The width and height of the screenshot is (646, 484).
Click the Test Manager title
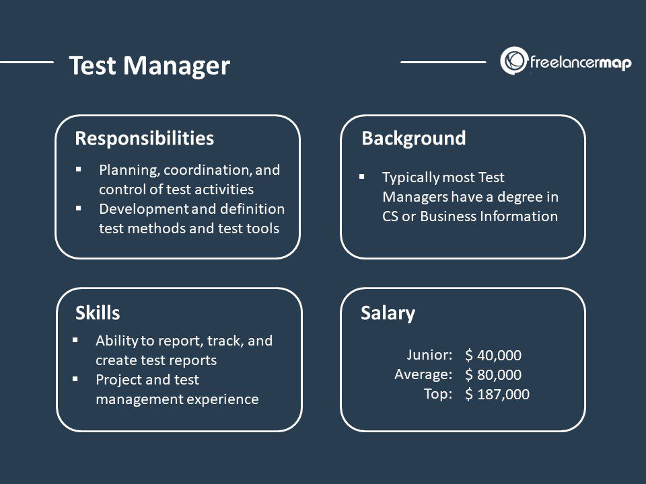pos(149,66)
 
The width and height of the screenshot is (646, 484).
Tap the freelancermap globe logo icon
pos(513,61)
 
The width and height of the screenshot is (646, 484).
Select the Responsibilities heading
pos(144,138)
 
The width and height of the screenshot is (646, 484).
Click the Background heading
pos(414,138)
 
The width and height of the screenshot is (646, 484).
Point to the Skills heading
pos(98,313)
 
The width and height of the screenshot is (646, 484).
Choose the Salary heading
pos(388,313)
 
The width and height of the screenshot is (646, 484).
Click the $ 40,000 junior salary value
pos(493,355)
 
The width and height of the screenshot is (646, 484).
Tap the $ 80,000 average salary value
pos(493,374)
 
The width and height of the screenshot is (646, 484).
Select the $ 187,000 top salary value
pos(497,395)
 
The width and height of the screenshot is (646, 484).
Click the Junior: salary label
pos(430,355)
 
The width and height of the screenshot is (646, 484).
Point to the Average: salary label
pos(423,374)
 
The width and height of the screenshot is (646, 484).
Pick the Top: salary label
pos(438,394)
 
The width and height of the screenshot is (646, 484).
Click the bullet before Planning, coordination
pos(78,169)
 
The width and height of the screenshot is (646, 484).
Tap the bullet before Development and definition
pos(78,208)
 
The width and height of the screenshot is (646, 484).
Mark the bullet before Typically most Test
pos(362,177)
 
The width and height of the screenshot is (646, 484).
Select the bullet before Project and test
pos(75,379)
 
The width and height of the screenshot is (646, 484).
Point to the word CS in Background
pos(390,216)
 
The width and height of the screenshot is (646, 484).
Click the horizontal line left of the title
pos(27,62)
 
